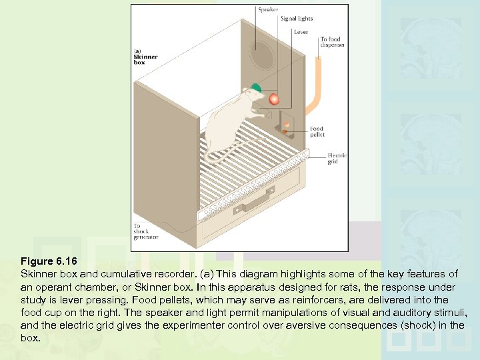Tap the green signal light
point(255,87)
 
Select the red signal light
point(273,99)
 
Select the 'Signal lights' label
point(297,19)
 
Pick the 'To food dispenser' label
point(332,43)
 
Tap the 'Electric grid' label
point(337,159)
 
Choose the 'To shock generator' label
point(145,231)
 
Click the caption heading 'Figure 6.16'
point(45,261)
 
